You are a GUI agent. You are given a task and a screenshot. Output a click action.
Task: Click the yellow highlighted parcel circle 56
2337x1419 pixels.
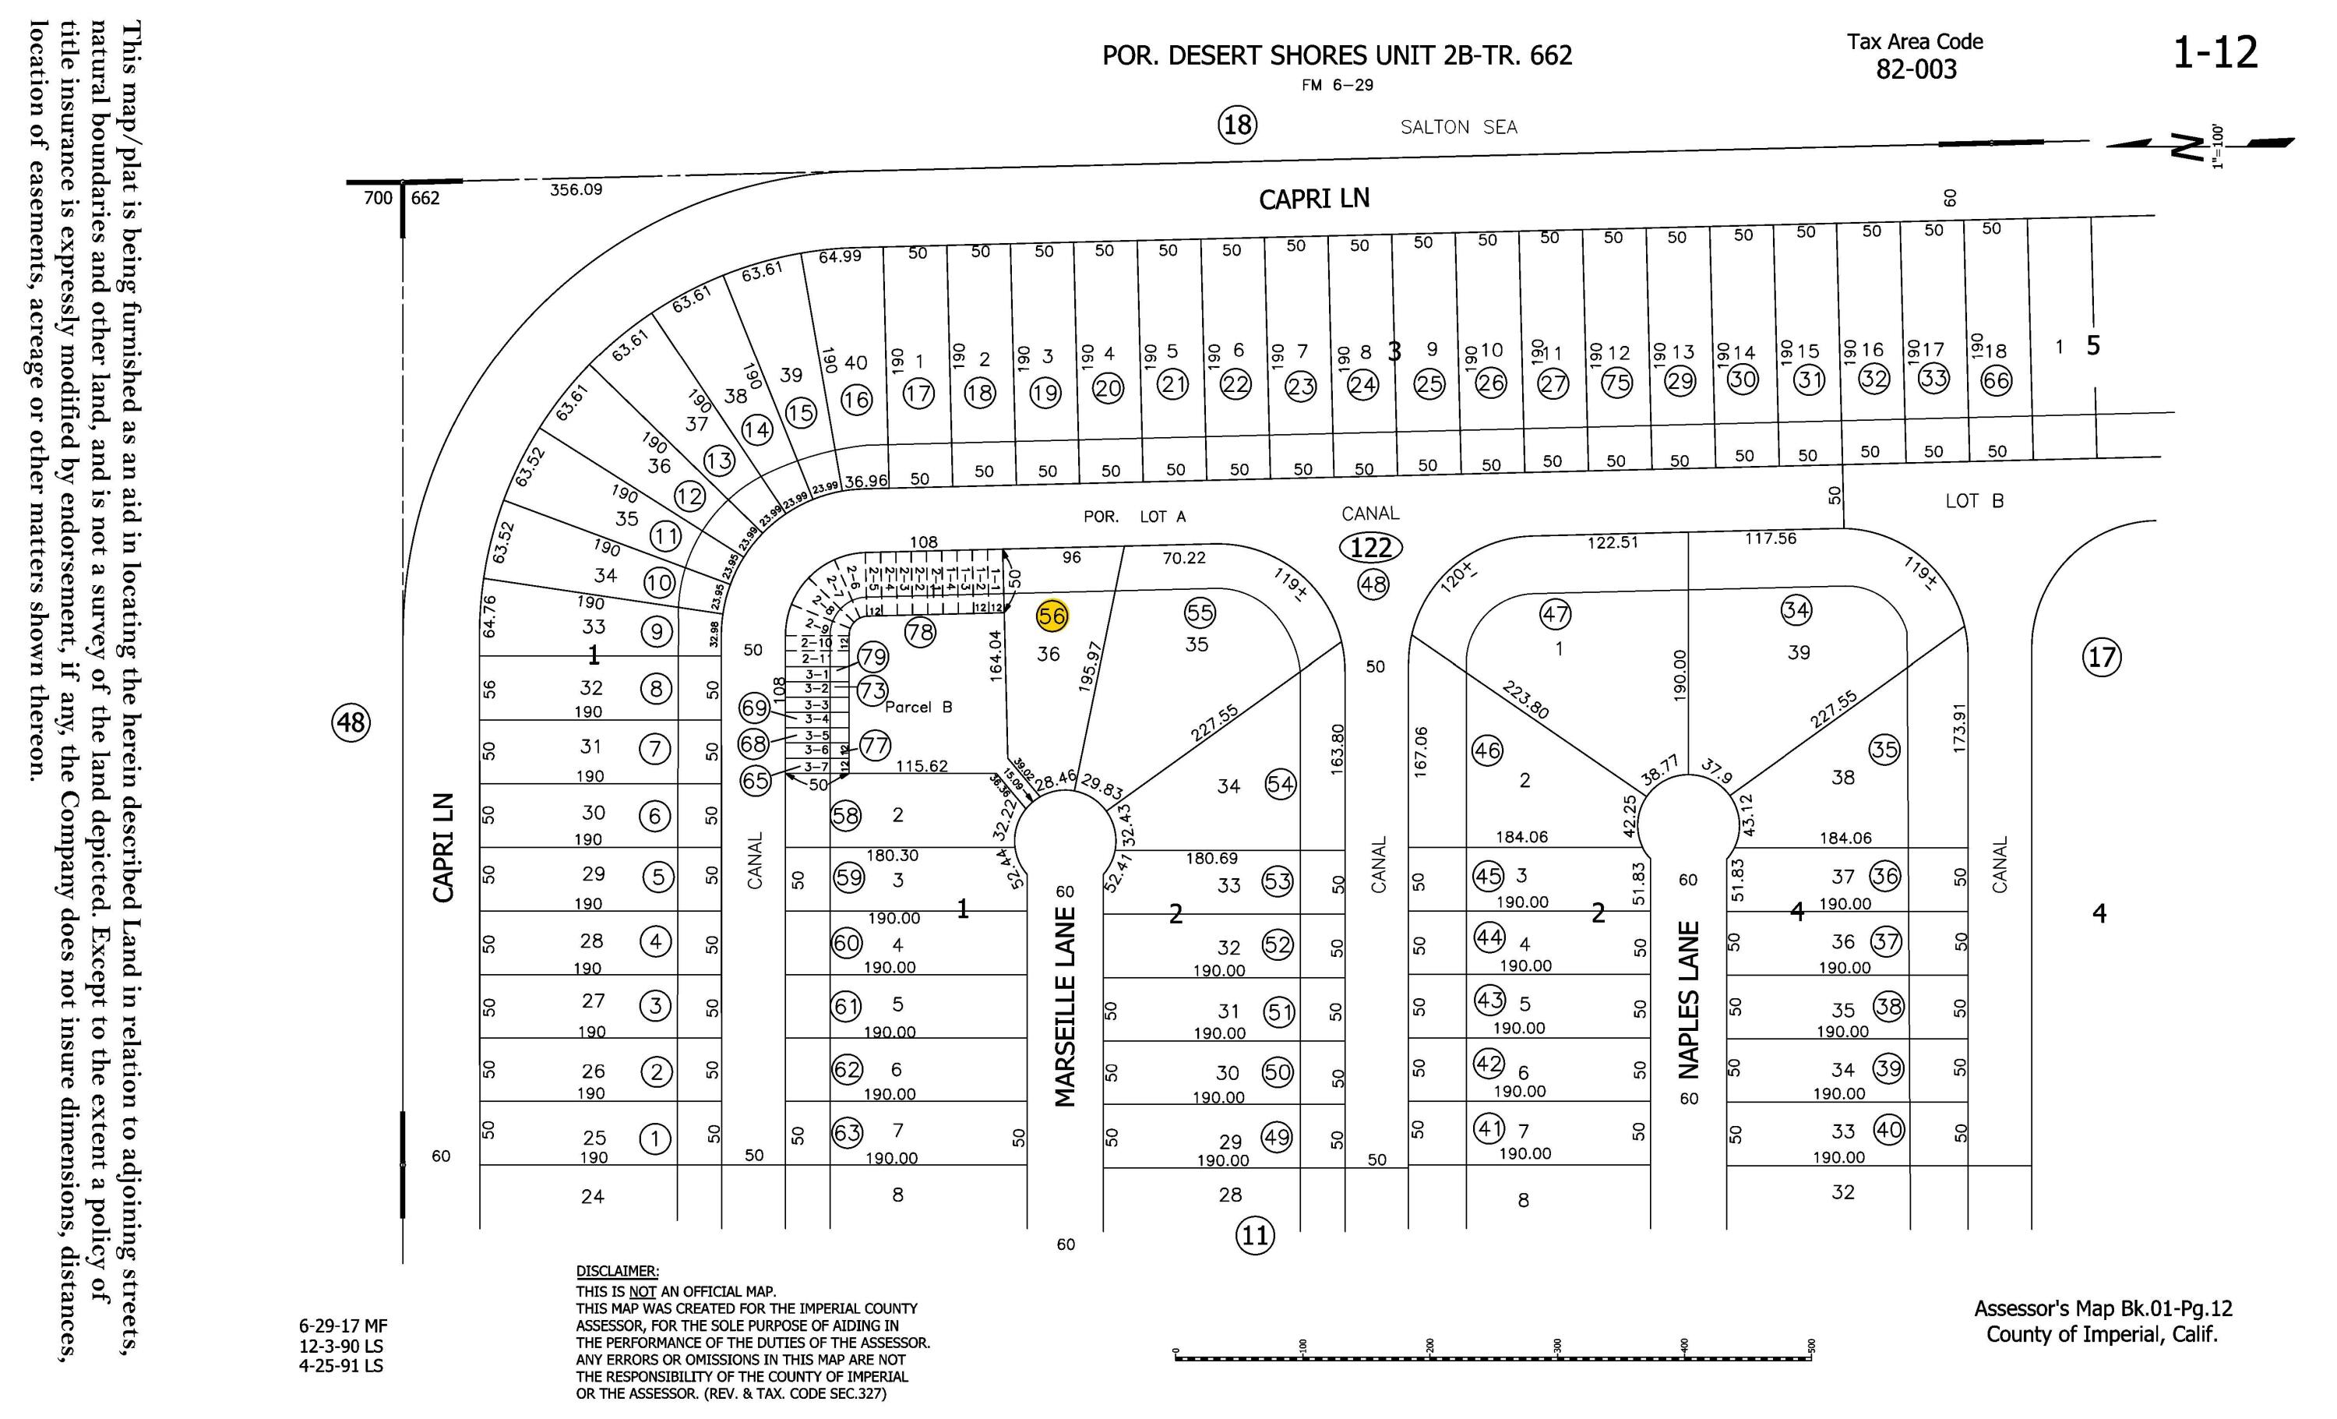tap(1052, 616)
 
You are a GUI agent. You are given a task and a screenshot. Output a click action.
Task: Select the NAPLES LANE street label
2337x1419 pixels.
tap(1688, 1000)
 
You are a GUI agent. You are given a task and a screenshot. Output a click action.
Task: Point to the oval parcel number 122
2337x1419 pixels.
tap(1370, 547)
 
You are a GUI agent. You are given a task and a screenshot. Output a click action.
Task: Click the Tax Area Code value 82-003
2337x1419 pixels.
tap(1916, 70)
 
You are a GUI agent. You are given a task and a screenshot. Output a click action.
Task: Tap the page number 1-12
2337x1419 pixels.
tap(2215, 52)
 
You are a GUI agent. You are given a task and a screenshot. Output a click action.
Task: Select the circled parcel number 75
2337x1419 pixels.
tap(1616, 383)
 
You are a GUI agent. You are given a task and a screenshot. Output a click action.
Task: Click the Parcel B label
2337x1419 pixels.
tap(918, 707)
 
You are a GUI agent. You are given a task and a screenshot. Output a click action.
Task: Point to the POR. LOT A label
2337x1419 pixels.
tap(1134, 517)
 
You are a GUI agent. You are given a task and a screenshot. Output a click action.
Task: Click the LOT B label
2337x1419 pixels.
tap(1974, 501)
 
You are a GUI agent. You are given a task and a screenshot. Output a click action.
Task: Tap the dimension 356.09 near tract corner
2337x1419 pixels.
tap(576, 189)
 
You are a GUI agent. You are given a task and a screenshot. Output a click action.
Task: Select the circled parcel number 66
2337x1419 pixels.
tap(1997, 380)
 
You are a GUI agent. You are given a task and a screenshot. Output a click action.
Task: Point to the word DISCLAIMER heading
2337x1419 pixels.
tap(616, 1271)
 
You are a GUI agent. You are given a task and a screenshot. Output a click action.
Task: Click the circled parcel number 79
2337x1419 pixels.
tap(872, 656)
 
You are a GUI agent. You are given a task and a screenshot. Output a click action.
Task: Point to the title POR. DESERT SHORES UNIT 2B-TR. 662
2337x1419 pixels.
tap(1337, 56)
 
